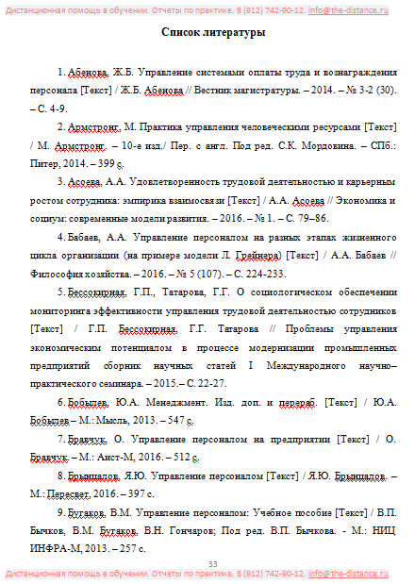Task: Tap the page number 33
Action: coord(212,564)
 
